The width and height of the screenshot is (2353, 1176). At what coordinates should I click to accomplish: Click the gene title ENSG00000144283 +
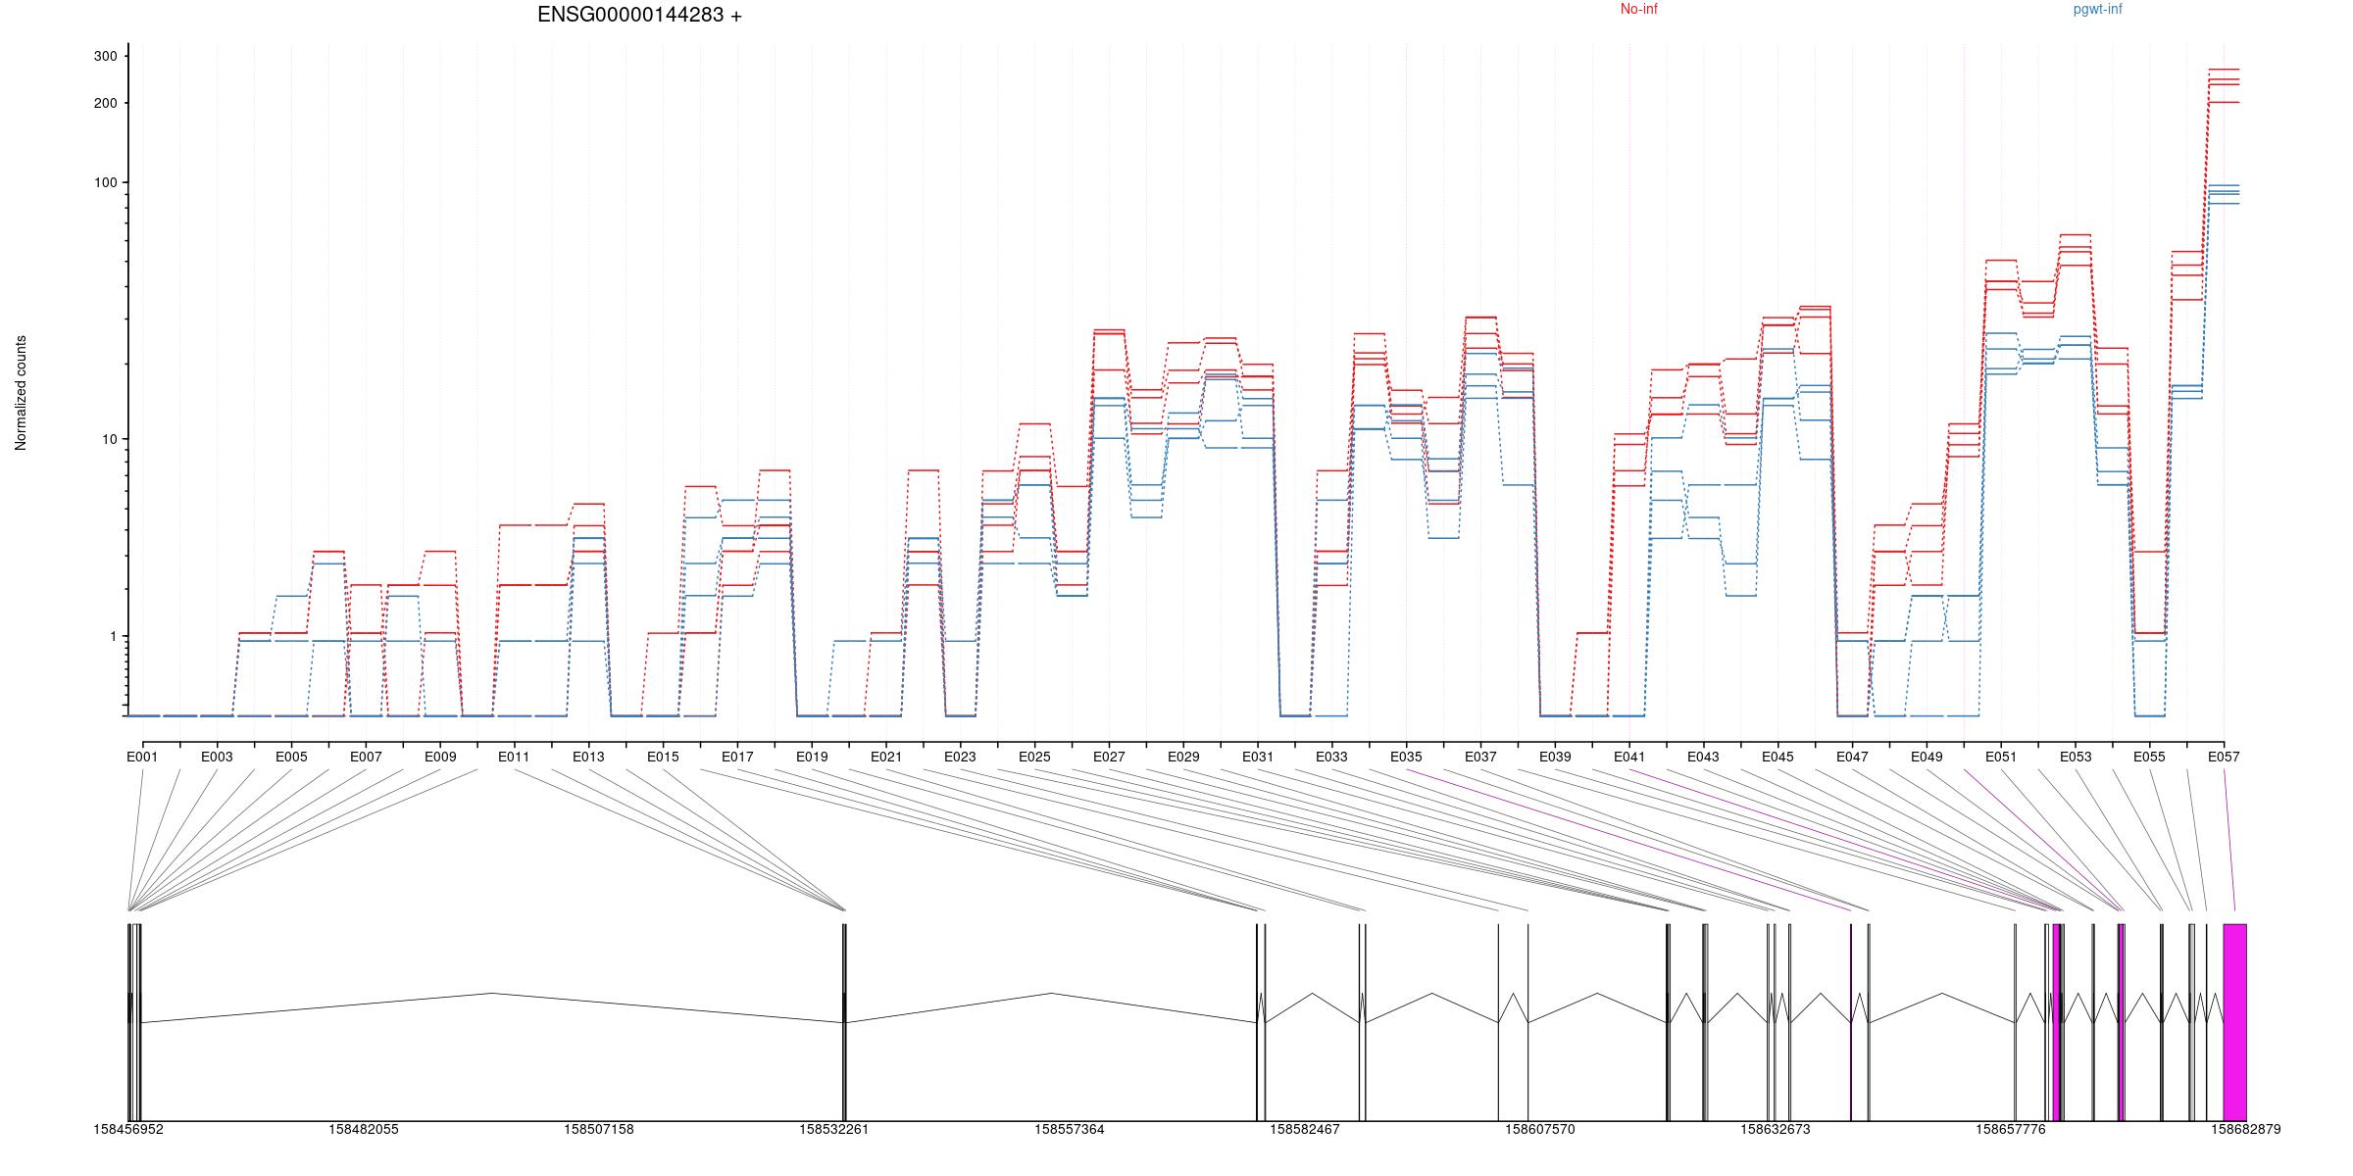click(x=639, y=15)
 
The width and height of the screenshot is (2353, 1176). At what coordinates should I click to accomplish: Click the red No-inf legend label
click(x=1638, y=10)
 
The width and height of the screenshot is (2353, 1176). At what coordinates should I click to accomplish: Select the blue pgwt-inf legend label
click(x=2097, y=10)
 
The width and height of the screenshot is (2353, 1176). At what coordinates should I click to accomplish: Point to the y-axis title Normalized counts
click(x=21, y=393)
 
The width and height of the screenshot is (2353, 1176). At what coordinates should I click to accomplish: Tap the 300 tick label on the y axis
click(x=105, y=57)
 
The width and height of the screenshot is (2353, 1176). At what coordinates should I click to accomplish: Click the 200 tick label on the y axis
click(x=105, y=104)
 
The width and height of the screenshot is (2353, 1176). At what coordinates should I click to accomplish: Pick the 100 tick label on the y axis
click(x=105, y=183)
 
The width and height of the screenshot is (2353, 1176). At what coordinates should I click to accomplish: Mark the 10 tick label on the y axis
click(x=109, y=440)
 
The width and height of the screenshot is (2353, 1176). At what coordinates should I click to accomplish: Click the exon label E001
click(x=142, y=758)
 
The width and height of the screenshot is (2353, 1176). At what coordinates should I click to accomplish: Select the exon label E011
click(x=514, y=758)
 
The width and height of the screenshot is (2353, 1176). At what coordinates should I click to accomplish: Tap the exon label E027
click(x=1109, y=758)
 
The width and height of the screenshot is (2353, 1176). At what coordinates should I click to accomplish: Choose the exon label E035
click(x=1406, y=758)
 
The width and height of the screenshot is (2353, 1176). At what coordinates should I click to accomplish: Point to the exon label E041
click(x=1629, y=758)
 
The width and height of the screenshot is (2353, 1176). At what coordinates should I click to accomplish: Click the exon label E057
click(x=2224, y=758)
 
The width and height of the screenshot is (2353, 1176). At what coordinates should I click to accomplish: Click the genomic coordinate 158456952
click(x=128, y=1130)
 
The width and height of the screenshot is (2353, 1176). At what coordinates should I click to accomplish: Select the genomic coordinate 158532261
click(x=833, y=1130)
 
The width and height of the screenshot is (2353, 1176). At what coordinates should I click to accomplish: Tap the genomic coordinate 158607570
click(x=1539, y=1130)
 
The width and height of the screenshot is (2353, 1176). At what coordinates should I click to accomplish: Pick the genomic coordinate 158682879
click(x=2245, y=1130)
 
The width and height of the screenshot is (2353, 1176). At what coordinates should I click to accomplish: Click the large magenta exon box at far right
click(x=2234, y=1021)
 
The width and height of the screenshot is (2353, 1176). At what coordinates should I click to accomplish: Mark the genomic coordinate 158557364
click(x=1069, y=1130)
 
